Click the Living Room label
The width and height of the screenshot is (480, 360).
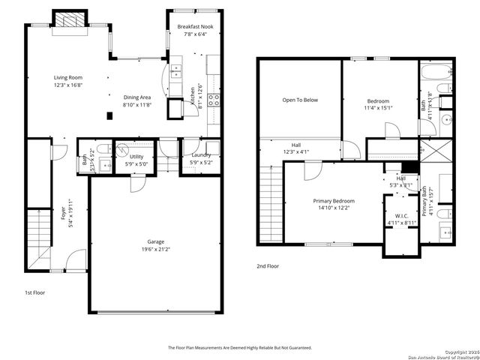[67, 77]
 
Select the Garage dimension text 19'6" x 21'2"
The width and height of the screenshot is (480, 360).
[155, 250]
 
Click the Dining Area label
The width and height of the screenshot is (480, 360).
[136, 97]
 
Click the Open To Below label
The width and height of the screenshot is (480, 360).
[300, 100]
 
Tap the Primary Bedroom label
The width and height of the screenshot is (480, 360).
[334, 201]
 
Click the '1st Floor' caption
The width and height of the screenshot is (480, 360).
[34, 292]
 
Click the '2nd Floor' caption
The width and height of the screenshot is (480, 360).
[268, 265]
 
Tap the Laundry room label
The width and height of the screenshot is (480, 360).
[200, 154]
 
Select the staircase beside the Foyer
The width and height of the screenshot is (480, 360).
[39, 232]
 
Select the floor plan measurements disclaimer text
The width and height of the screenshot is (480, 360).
[239, 348]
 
